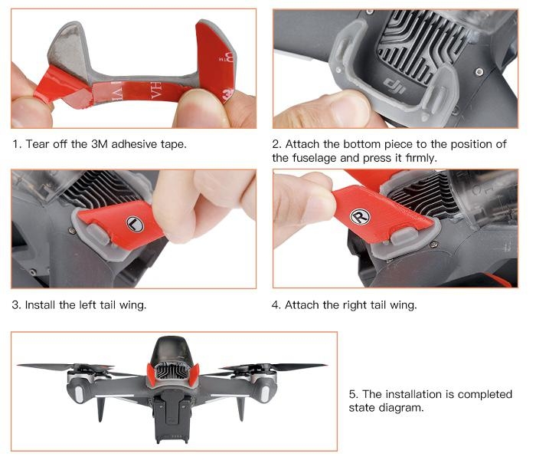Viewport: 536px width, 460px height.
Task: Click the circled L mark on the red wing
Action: (135, 224)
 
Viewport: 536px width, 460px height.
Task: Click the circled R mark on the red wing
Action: (360, 217)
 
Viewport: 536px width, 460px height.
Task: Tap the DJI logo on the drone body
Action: (394, 86)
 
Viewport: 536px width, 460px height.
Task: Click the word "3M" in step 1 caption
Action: (99, 144)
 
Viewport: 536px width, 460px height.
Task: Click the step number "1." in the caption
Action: (17, 144)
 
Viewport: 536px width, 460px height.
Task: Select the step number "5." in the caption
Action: (354, 394)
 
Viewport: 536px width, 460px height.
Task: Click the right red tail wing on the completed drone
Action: (194, 375)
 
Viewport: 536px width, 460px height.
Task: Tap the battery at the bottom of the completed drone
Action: (172, 419)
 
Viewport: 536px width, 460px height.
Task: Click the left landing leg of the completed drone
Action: (101, 409)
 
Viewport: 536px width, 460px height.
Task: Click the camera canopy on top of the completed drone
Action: (172, 350)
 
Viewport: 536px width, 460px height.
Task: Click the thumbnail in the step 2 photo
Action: (348, 110)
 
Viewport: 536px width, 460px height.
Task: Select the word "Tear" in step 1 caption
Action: (38, 144)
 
